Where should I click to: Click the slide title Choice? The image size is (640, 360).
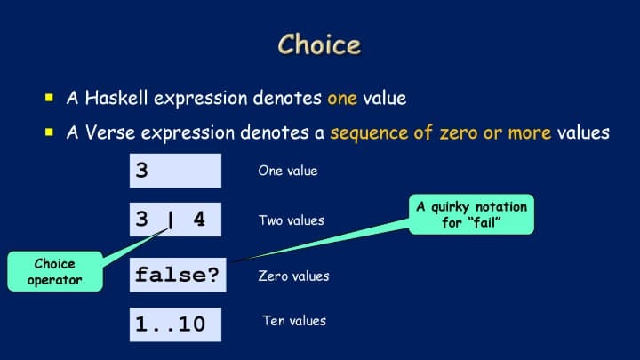(320, 44)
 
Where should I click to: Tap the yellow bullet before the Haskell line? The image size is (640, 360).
(50, 97)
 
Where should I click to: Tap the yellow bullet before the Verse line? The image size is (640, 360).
(50, 132)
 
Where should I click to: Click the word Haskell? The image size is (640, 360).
(116, 98)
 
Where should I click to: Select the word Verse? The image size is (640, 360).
(110, 132)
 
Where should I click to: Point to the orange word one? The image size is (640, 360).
(342, 99)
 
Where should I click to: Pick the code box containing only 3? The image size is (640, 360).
(175, 171)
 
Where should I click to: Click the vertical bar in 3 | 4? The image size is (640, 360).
(170, 220)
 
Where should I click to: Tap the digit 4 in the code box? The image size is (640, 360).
(199, 220)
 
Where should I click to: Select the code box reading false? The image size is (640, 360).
(178, 275)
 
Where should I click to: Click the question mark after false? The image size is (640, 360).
(213, 275)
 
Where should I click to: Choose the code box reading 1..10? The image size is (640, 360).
(175, 324)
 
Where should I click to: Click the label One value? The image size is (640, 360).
(288, 171)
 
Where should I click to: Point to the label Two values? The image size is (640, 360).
(292, 220)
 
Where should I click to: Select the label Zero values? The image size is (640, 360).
(293, 276)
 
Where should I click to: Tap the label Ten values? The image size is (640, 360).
(294, 320)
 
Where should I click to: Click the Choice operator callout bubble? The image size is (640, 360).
(55, 271)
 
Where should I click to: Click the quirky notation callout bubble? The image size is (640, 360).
(471, 214)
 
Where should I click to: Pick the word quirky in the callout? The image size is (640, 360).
(450, 207)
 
